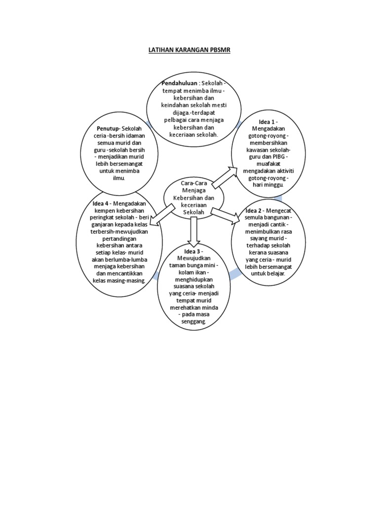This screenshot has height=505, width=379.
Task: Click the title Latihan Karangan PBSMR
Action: coord(189,50)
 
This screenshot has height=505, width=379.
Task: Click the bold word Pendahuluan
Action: coord(179,83)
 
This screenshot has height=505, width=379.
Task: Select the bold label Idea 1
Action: coord(268,122)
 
